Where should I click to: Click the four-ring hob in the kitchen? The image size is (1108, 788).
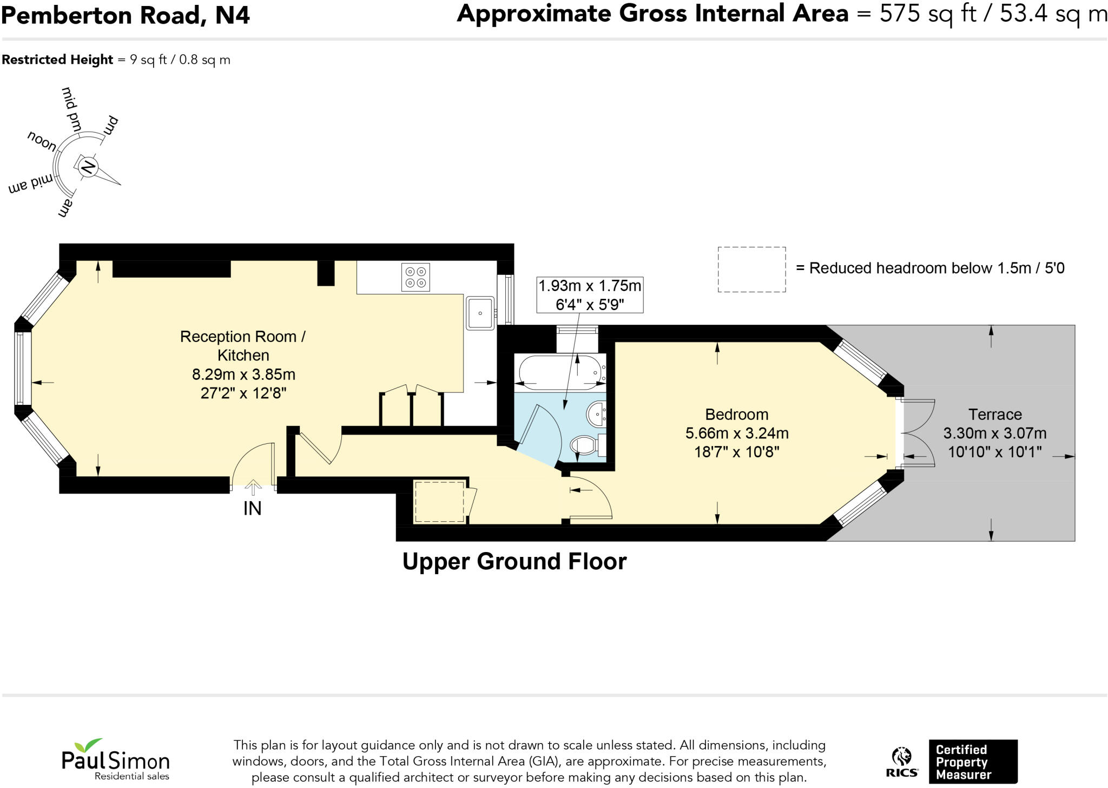(415, 277)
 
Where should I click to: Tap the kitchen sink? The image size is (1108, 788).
(480, 313)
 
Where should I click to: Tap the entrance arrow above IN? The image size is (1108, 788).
(252, 487)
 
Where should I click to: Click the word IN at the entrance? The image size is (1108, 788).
(253, 509)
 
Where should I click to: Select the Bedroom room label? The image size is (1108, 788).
(737, 415)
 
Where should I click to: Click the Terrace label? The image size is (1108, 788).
(995, 415)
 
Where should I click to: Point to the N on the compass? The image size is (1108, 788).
(88, 167)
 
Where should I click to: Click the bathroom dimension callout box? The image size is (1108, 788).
(590, 294)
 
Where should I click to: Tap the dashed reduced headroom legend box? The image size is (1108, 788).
(751, 270)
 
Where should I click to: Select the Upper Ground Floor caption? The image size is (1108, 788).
(515, 562)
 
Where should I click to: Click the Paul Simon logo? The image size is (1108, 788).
(116, 759)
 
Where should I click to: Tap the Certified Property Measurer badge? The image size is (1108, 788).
(973, 762)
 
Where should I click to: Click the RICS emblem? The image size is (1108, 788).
(902, 763)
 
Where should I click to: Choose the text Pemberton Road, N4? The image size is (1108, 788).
(126, 15)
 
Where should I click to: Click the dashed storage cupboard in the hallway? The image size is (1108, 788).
(439, 502)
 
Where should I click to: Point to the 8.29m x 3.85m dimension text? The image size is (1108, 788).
(243, 374)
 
